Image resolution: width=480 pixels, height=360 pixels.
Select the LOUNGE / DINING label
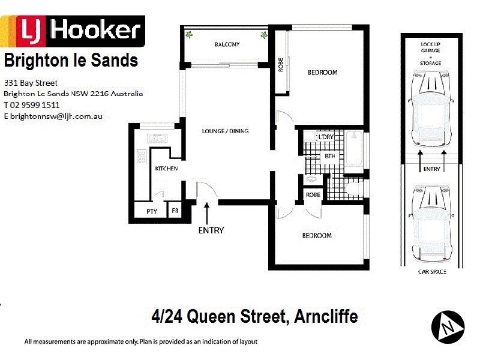click(x=225, y=131)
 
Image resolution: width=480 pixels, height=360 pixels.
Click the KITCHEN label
click(x=166, y=169)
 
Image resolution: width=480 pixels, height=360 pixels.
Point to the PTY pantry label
click(x=151, y=211)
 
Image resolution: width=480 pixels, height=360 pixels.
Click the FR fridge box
click(x=175, y=211)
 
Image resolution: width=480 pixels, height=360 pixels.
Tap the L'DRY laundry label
click(x=326, y=137)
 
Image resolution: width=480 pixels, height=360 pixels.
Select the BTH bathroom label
click(x=329, y=157)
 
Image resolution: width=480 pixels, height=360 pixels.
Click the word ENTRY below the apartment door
click(x=211, y=230)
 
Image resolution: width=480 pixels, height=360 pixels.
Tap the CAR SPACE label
click(x=431, y=272)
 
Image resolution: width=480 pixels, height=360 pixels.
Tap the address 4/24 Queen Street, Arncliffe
click(x=255, y=316)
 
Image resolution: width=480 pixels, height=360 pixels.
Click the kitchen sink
click(x=158, y=138)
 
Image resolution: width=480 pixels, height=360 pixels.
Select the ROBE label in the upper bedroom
click(x=280, y=64)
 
